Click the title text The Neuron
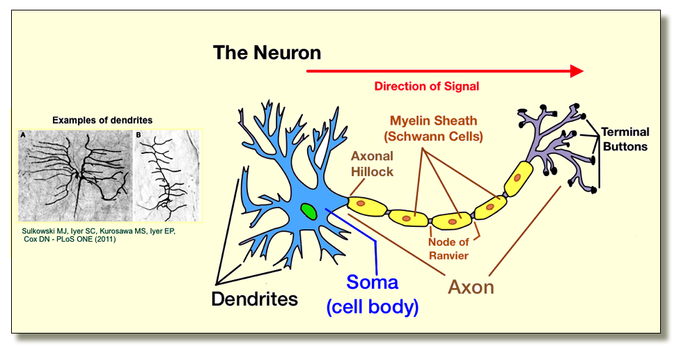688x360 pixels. tap(267, 52)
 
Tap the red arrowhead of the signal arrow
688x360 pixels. tap(577, 70)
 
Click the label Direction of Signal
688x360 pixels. tap(426, 87)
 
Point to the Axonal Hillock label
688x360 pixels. tap(372, 164)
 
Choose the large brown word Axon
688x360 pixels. tap(471, 286)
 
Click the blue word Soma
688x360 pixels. tap(373, 283)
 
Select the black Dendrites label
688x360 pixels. tap(254, 299)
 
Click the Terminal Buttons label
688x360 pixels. tap(625, 139)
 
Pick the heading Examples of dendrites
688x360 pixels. tap(102, 120)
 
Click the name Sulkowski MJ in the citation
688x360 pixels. tap(42, 230)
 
